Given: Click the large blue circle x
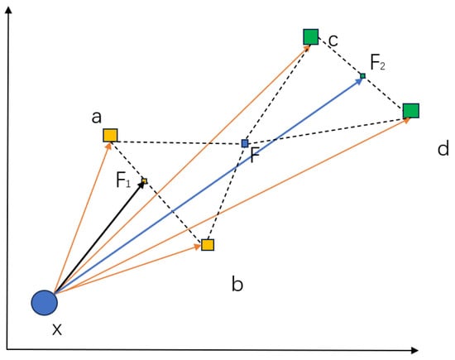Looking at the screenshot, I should (x=44, y=303).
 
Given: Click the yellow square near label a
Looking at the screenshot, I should (x=110, y=135).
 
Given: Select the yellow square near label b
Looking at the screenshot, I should (x=208, y=244).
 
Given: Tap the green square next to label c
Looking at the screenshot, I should (x=310, y=36).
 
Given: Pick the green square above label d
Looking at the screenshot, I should (x=410, y=111).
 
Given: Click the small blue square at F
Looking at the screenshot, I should (x=244, y=143).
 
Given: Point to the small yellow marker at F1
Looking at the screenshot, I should (x=144, y=180).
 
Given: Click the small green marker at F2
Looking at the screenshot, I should (x=362, y=77).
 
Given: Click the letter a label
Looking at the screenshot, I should (x=97, y=117).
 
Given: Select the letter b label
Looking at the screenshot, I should (x=237, y=286).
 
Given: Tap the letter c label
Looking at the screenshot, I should (x=332, y=39).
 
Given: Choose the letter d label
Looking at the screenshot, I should (x=443, y=149).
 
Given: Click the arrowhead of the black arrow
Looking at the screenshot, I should (x=142, y=183).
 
